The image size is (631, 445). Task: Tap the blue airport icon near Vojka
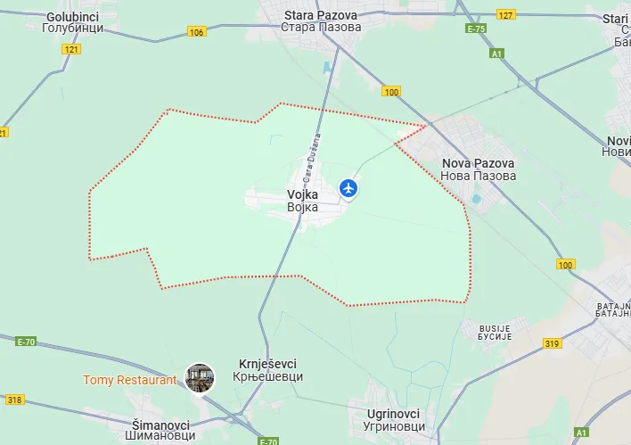click(x=348, y=188)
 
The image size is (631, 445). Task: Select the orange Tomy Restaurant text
click(x=130, y=380)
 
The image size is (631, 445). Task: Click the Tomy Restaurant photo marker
click(x=199, y=379)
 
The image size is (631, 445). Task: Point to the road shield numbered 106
click(x=196, y=32)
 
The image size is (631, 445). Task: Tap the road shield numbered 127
click(x=506, y=15)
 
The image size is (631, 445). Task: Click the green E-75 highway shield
click(x=476, y=29)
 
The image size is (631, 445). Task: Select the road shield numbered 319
click(x=552, y=344)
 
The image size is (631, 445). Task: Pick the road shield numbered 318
click(x=13, y=400)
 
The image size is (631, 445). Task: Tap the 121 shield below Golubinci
click(x=71, y=49)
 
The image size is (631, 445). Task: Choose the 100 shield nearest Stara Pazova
click(x=391, y=92)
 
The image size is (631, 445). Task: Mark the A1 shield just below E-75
click(x=496, y=54)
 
